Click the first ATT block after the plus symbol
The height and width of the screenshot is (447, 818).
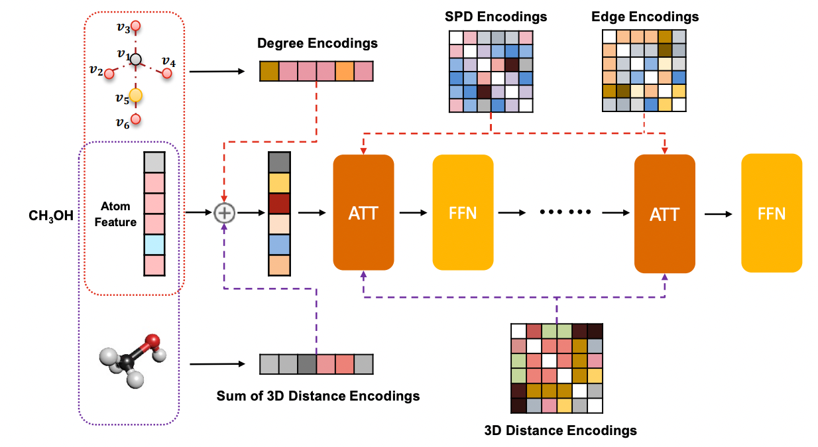pos(363,212)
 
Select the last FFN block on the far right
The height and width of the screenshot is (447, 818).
pos(772,213)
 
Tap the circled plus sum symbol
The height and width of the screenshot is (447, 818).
pos(225,213)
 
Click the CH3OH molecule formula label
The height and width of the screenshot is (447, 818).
pos(51,216)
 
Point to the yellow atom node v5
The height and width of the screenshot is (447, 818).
pos(135,96)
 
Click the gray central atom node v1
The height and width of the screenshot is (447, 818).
pos(136,60)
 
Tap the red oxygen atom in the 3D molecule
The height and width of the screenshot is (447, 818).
pos(154,342)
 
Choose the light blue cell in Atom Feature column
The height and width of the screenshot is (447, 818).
pos(154,245)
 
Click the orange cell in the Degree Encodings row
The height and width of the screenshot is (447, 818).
pos(345,71)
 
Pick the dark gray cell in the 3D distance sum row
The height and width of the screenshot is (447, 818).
pos(306,364)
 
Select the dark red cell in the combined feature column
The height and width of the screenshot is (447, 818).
pos(279,203)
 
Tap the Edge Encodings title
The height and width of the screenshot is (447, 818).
pos(644,16)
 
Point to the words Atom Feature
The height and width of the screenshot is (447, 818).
pos(115,214)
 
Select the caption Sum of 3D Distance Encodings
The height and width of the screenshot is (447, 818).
pos(318,396)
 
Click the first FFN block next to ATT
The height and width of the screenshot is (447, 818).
pos(463,212)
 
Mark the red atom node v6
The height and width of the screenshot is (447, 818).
pos(136,119)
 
